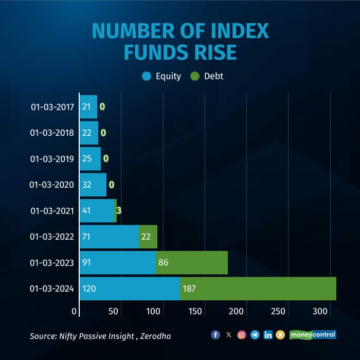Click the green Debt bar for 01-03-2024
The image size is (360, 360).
click(258, 289)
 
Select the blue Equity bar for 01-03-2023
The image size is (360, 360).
click(118, 263)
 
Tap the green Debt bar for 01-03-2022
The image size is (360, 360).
click(148, 237)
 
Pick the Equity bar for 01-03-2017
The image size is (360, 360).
click(88, 107)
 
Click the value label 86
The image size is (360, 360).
click(164, 263)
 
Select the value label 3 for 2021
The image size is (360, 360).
click(118, 210)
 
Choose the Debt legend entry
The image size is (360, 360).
click(207, 76)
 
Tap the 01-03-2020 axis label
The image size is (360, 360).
click(52, 185)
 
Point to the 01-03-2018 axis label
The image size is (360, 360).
click(52, 133)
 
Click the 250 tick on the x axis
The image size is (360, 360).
click(277, 311)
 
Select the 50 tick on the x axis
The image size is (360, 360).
click(114, 311)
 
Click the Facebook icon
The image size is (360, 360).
click(215, 335)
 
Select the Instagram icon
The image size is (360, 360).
click(242, 335)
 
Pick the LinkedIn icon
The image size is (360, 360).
click(268, 335)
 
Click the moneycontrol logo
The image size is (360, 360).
click(313, 335)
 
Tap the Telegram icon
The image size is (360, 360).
click(255, 335)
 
